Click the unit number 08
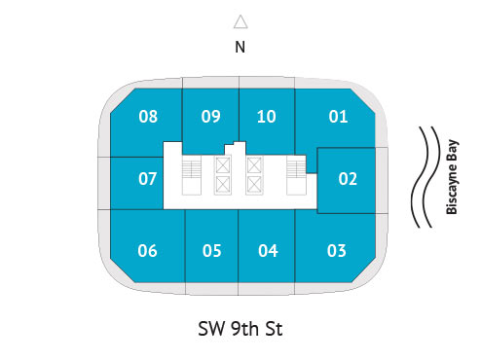148,118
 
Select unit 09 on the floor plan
211,118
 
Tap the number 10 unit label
267,118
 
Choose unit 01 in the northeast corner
338,118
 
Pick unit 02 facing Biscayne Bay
348,179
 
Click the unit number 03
337,251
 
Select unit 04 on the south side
269,251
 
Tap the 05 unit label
212,251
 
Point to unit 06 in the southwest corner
148,251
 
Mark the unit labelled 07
148,179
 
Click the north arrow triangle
240,21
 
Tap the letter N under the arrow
240,46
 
